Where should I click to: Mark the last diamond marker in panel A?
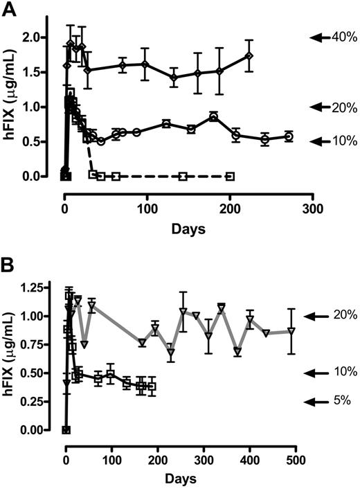pyautogui.click(x=249, y=55)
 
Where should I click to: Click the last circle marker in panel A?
pyautogui.click(x=289, y=136)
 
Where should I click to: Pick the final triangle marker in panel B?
pyautogui.click(x=291, y=331)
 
